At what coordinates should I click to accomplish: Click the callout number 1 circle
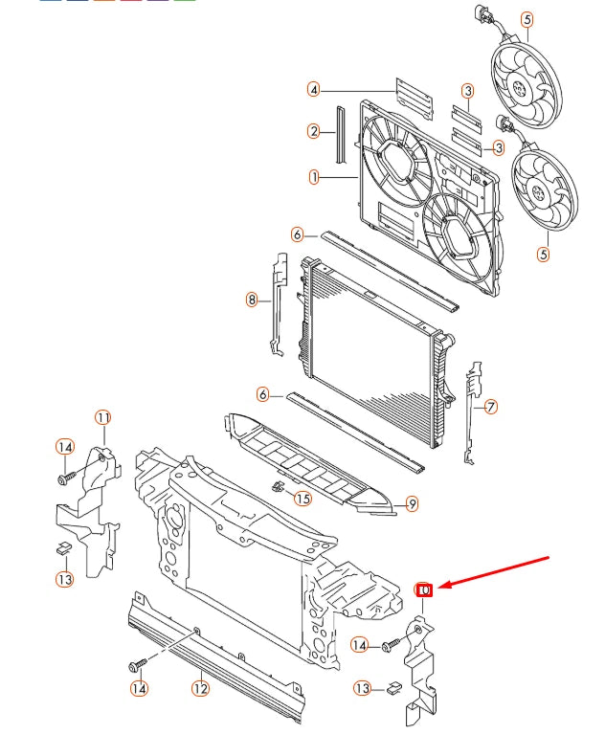click(313, 176)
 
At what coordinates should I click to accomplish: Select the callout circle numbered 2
click(313, 131)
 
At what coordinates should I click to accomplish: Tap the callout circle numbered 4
click(313, 89)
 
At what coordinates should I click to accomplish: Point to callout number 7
click(490, 407)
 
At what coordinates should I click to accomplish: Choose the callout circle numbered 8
click(252, 300)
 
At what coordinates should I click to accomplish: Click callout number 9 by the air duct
click(412, 503)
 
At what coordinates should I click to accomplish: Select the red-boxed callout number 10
click(425, 589)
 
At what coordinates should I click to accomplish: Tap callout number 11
click(102, 417)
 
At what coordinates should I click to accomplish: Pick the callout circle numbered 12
click(200, 686)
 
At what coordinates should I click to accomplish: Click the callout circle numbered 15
click(302, 498)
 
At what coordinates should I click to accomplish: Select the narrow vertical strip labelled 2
click(338, 130)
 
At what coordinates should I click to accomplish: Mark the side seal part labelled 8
click(279, 301)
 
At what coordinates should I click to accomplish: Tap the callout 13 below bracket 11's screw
click(64, 579)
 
